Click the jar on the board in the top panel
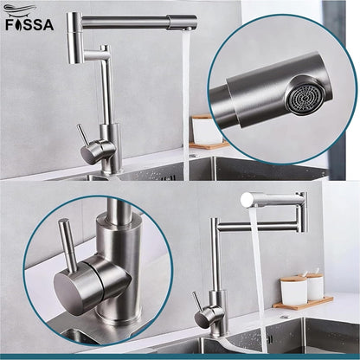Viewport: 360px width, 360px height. pyautogui.click(x=203, y=130)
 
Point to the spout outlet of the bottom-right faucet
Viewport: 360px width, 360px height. pyautogui.click(x=249, y=200)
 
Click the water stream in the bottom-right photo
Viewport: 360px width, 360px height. pyautogui.click(x=257, y=277)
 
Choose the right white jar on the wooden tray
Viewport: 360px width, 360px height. pyautogui.click(x=314, y=286)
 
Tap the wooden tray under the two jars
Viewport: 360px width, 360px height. pyautogui.click(x=303, y=303)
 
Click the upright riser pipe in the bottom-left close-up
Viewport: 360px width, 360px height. pyautogui.click(x=121, y=234)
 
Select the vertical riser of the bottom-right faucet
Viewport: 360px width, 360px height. pyautogui.click(x=212, y=268)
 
